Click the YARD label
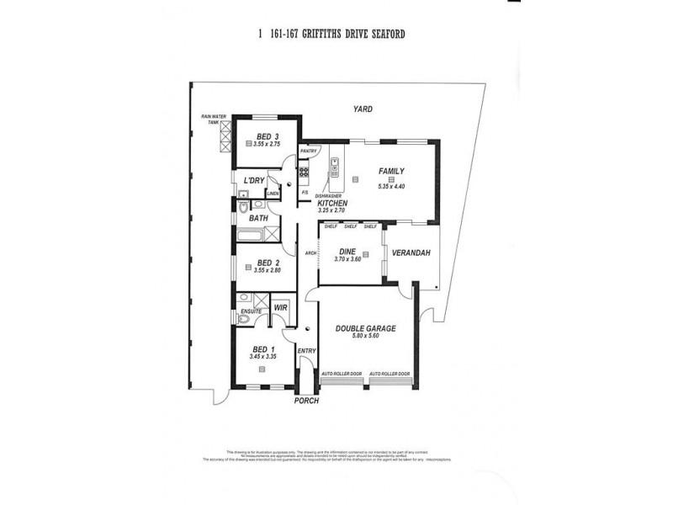click(x=363, y=109)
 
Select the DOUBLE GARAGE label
click(x=365, y=328)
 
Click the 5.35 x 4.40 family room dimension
click(x=392, y=186)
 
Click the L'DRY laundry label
click(x=254, y=181)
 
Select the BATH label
click(x=258, y=218)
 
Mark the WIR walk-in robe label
click(x=280, y=308)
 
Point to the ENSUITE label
click(x=250, y=312)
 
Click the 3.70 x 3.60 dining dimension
click(x=348, y=261)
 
